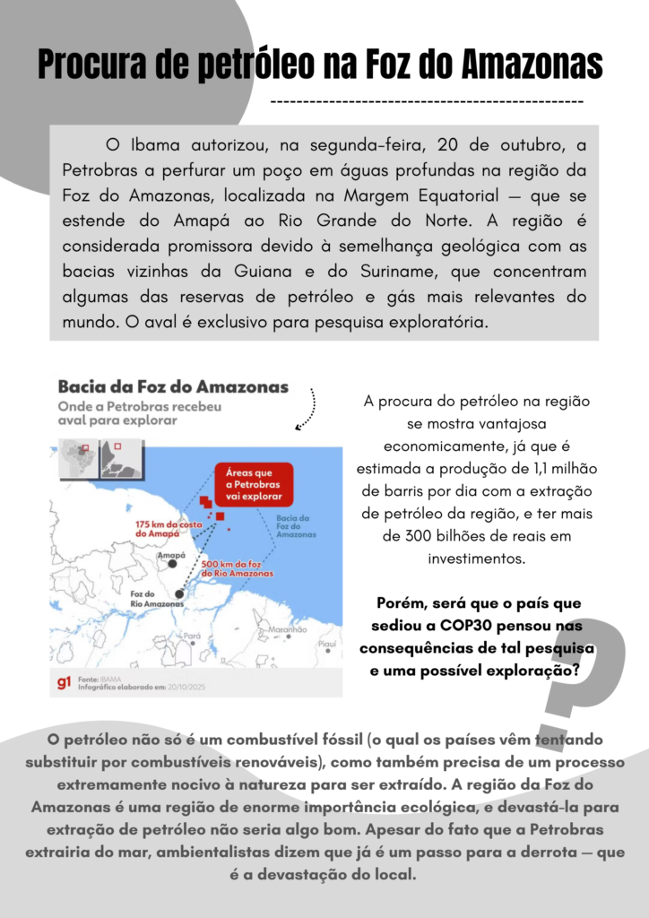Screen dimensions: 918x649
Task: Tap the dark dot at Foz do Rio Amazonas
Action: (x=180, y=593)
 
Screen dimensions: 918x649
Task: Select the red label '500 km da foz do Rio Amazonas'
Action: (x=238, y=567)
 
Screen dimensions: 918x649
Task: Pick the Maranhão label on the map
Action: (x=288, y=630)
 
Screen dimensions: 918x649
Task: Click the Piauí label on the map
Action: (x=327, y=643)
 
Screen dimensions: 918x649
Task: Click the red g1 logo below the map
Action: (x=64, y=683)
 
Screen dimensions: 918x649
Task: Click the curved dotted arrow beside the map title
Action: (x=307, y=409)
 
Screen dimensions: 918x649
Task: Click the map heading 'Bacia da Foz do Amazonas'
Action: (x=173, y=387)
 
